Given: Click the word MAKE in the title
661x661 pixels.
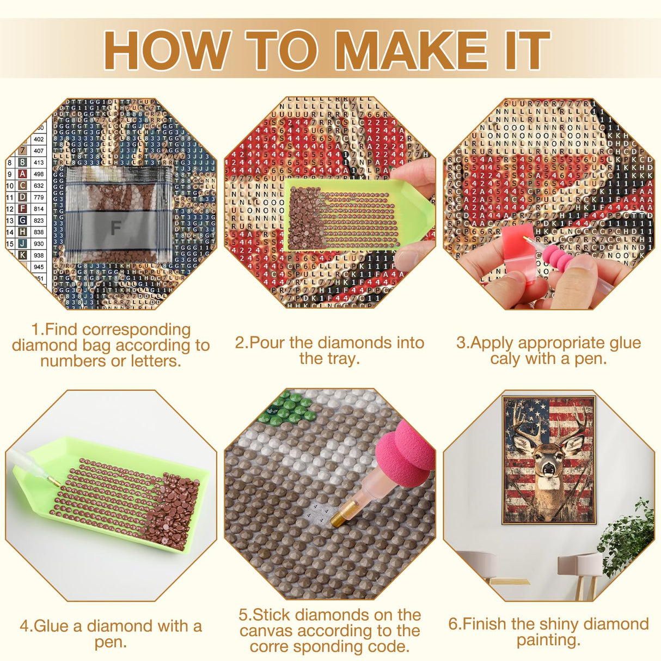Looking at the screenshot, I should pyautogui.click(x=414, y=50).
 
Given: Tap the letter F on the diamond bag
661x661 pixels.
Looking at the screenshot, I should pyautogui.click(x=115, y=227).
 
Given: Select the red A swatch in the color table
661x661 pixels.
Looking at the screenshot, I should pyautogui.click(x=22, y=174).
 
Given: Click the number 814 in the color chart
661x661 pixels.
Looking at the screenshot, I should pyautogui.click(x=39, y=209).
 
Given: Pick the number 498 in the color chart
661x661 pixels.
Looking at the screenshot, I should pyautogui.click(x=39, y=174).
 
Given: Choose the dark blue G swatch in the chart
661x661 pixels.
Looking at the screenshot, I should pyautogui.click(x=22, y=220).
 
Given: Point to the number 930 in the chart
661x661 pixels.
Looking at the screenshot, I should pyautogui.click(x=39, y=243).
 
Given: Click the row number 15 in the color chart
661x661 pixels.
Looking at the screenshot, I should pyautogui.click(x=10, y=243).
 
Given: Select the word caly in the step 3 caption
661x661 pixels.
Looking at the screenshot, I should pyautogui.click(x=505, y=359).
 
